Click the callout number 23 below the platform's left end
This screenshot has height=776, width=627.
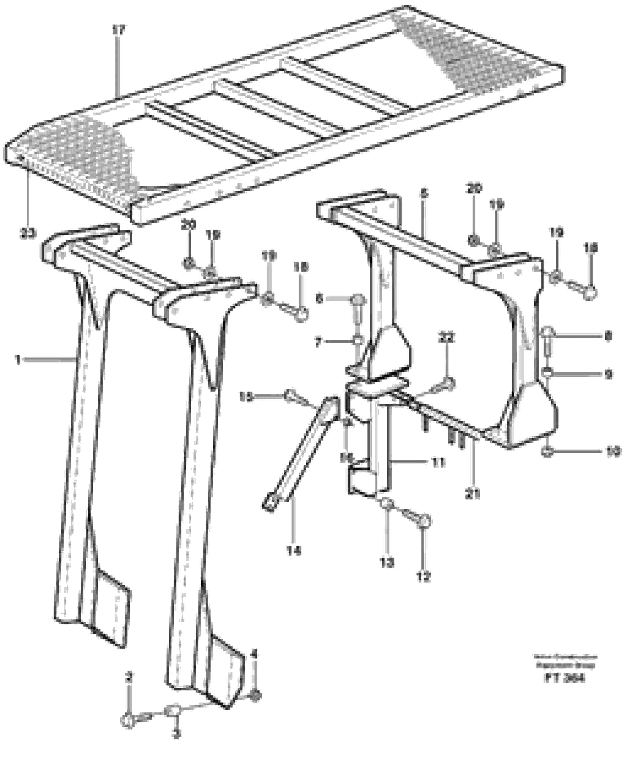pos(28,233)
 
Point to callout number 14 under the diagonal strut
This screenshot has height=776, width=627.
pos(293,551)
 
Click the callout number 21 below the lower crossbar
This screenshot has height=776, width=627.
pos(473,494)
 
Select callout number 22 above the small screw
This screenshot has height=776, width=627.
pos(447,338)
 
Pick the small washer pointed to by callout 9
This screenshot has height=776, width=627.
pos(548,371)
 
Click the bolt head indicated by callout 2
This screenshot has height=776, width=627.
pos(128,720)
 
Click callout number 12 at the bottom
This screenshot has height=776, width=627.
pos(423,577)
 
